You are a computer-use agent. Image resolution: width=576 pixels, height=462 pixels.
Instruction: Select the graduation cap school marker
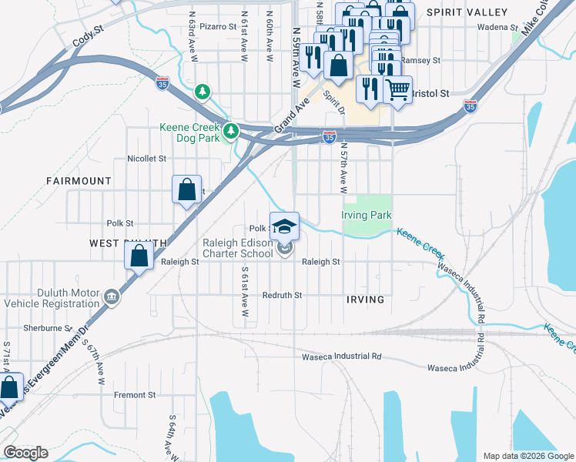(284, 225)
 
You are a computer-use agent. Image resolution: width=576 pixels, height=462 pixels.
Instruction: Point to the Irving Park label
(367, 216)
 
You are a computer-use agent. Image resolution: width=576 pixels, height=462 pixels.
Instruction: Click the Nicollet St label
(146, 159)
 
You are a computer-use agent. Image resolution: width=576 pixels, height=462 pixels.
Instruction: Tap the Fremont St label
(135, 395)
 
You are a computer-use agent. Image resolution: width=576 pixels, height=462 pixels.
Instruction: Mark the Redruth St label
(282, 295)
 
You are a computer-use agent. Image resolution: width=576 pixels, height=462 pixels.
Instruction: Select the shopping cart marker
(397, 89)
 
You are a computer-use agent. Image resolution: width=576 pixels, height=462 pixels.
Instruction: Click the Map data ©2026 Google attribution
(527, 456)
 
